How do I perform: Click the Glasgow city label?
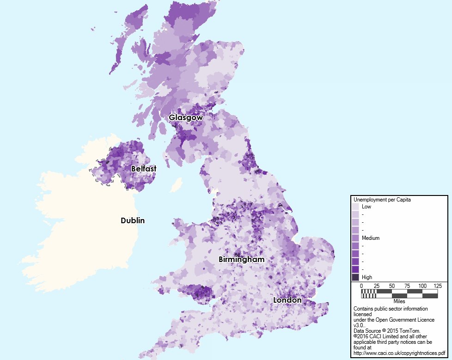coord(185,117)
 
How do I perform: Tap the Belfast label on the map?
coord(143,169)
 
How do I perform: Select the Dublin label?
coord(133,220)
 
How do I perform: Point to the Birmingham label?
coord(241,260)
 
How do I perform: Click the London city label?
coord(287,300)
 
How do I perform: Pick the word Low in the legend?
coord(366,207)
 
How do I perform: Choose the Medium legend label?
coord(370,238)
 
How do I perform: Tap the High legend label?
coord(367,277)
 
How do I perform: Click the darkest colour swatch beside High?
coord(355,277)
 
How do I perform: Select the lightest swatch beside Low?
coord(355,207)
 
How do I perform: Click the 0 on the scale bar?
coord(361,286)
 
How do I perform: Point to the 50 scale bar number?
coord(392,286)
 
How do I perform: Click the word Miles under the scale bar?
coord(399,301)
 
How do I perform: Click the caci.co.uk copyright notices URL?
coord(399,353)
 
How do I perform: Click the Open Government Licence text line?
coord(394,320)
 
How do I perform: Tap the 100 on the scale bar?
coord(422,286)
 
